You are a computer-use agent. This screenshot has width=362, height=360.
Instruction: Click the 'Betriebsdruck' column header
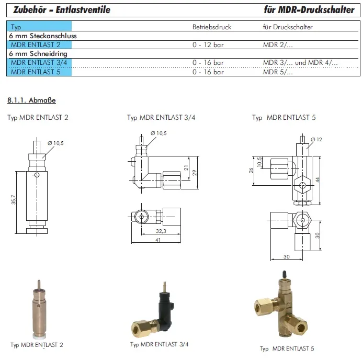tap(212, 27)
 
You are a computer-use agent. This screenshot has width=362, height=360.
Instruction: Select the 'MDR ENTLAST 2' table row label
tap(36, 44)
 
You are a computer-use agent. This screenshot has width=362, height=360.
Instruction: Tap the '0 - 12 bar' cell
tap(208, 44)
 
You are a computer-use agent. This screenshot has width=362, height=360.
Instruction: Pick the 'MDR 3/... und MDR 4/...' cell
tap(300, 63)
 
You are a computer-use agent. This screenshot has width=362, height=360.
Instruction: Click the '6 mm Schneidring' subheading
tap(38, 53)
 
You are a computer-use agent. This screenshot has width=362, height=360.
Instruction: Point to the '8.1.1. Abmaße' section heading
tap(31, 100)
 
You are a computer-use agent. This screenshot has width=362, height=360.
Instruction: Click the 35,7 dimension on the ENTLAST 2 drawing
tap(14, 200)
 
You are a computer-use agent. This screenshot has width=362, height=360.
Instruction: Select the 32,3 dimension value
tap(161, 231)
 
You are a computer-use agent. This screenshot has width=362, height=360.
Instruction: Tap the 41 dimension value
tap(158, 240)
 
